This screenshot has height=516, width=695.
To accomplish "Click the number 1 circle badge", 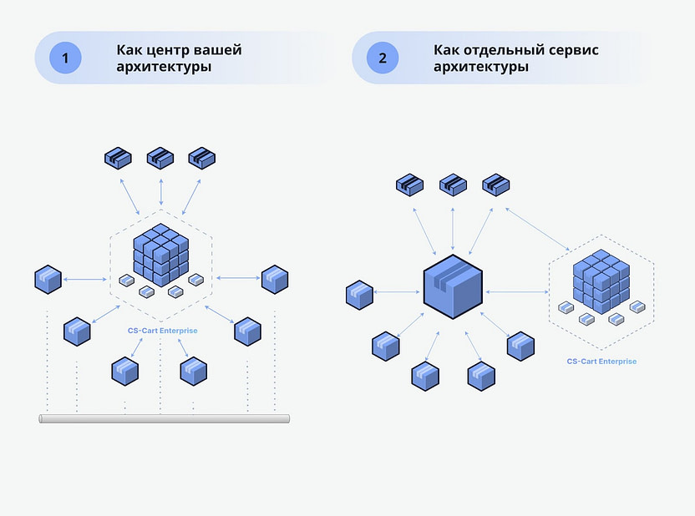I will (65, 58).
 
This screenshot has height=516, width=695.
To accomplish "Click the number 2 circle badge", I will (383, 58).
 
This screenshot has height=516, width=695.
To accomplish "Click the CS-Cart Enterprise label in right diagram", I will (601, 362).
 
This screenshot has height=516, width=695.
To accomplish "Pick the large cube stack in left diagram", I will (160, 254).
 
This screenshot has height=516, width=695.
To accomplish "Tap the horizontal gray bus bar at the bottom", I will (165, 417).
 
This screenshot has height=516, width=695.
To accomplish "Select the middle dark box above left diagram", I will (160, 157).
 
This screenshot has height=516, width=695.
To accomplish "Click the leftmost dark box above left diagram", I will (119, 157).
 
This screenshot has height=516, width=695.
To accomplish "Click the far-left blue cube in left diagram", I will (48, 279).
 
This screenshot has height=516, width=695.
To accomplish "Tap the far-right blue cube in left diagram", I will (274, 279).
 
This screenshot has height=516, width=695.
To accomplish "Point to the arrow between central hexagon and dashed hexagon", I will (516, 292).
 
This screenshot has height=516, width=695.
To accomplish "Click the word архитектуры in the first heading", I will (164, 67).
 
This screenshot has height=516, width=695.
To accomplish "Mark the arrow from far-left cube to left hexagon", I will (86, 280).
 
